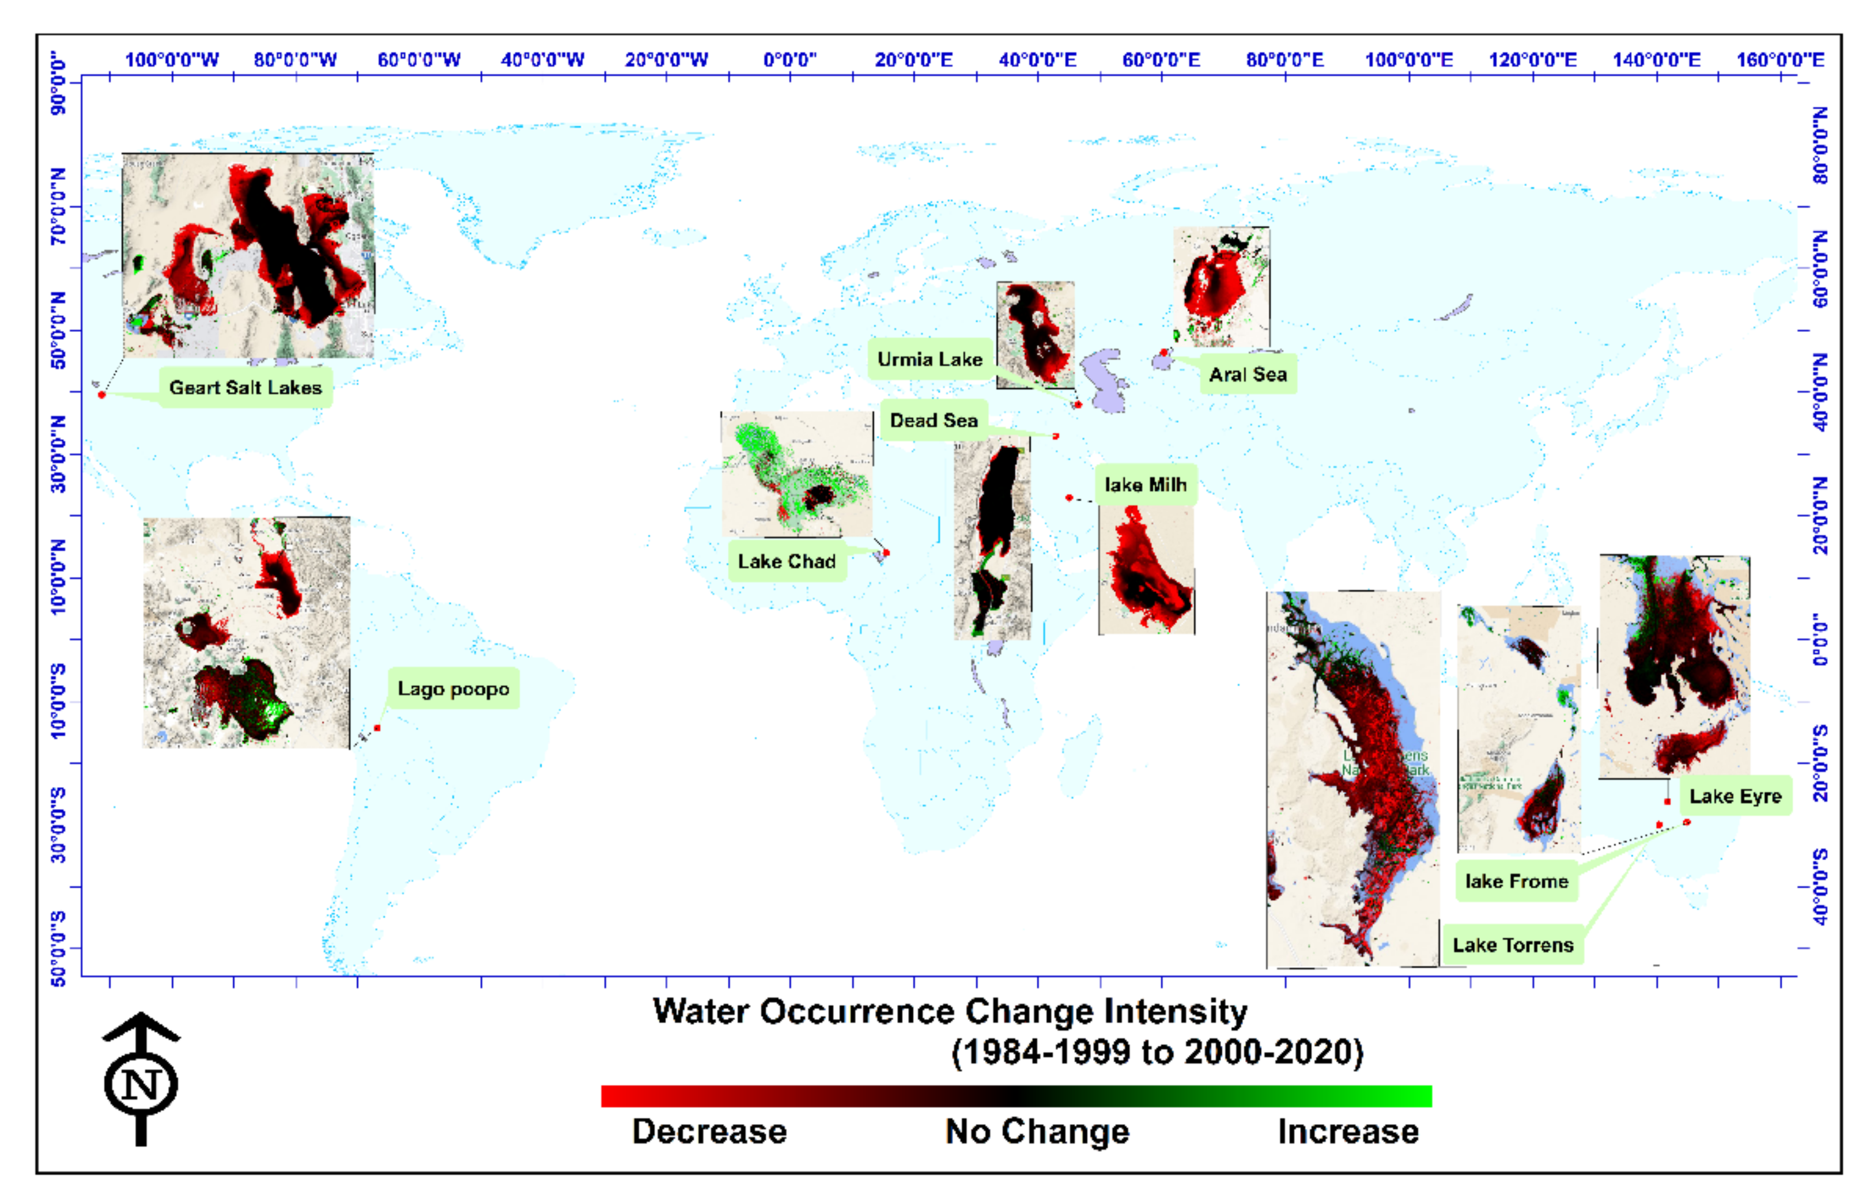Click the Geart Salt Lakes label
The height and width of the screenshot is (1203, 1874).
pyautogui.click(x=245, y=387)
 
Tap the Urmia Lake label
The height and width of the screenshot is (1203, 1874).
pyautogui.click(x=930, y=360)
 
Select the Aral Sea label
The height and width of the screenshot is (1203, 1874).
pyautogui.click(x=1248, y=374)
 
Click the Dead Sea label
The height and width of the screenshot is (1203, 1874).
pyautogui.click(x=934, y=420)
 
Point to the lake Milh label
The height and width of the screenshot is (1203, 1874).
pyautogui.click(x=1145, y=485)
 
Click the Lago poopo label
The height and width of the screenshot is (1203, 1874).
pyautogui.click(x=453, y=689)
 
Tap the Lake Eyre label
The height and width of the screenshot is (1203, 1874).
pyautogui.click(x=1735, y=796)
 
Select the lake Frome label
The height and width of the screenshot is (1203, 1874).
pyautogui.click(x=1516, y=881)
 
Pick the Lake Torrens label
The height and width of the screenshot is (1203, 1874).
pyautogui.click(x=1512, y=945)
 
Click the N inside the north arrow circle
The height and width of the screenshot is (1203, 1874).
pyautogui.click(x=141, y=1085)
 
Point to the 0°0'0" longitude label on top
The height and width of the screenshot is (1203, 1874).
pyautogui.click(x=789, y=60)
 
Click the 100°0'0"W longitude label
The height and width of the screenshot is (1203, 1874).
pyautogui.click(x=172, y=60)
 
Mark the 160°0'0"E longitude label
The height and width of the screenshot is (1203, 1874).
pyautogui.click(x=1780, y=60)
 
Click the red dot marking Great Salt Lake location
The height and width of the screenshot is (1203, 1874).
pyautogui.click(x=101, y=395)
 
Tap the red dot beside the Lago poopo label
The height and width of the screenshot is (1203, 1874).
pyautogui.click(x=377, y=729)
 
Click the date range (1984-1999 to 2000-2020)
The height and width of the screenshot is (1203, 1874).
pyautogui.click(x=1157, y=1052)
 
